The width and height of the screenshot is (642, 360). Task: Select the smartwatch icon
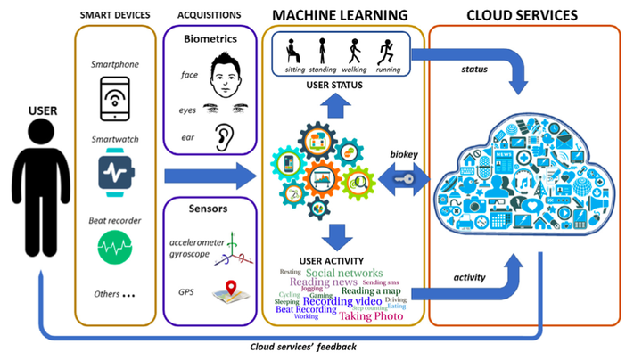[114, 172]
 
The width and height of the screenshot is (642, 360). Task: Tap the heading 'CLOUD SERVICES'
[523, 15]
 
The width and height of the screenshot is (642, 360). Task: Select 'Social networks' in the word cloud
[343, 273]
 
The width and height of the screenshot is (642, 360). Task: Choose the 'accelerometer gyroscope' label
[194, 249]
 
